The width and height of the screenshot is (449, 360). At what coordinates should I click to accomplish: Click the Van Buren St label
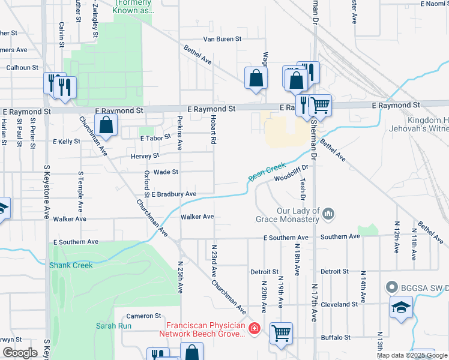pos(221,39)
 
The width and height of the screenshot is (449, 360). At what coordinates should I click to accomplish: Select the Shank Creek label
pos(71,265)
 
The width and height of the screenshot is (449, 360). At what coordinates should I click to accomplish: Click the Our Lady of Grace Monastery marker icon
pos(328,213)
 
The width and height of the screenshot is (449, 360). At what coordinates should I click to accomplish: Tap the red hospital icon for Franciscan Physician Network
pos(254,328)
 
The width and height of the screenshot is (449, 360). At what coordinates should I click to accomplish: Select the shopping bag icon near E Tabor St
pos(106,125)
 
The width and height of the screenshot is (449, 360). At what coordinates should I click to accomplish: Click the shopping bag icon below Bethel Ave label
pos(256,78)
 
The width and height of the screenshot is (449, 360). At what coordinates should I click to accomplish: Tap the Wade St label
pos(166,172)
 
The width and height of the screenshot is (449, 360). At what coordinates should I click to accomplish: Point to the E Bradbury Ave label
pos(174,194)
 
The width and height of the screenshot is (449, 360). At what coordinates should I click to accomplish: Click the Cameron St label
pos(143,316)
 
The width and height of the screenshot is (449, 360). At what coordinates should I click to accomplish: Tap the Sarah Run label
pos(110,326)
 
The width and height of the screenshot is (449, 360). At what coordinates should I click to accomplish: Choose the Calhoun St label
pos(22,68)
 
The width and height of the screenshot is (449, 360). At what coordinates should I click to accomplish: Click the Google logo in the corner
pos(20,353)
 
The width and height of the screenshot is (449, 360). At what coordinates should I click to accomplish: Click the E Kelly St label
pos(67,142)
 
